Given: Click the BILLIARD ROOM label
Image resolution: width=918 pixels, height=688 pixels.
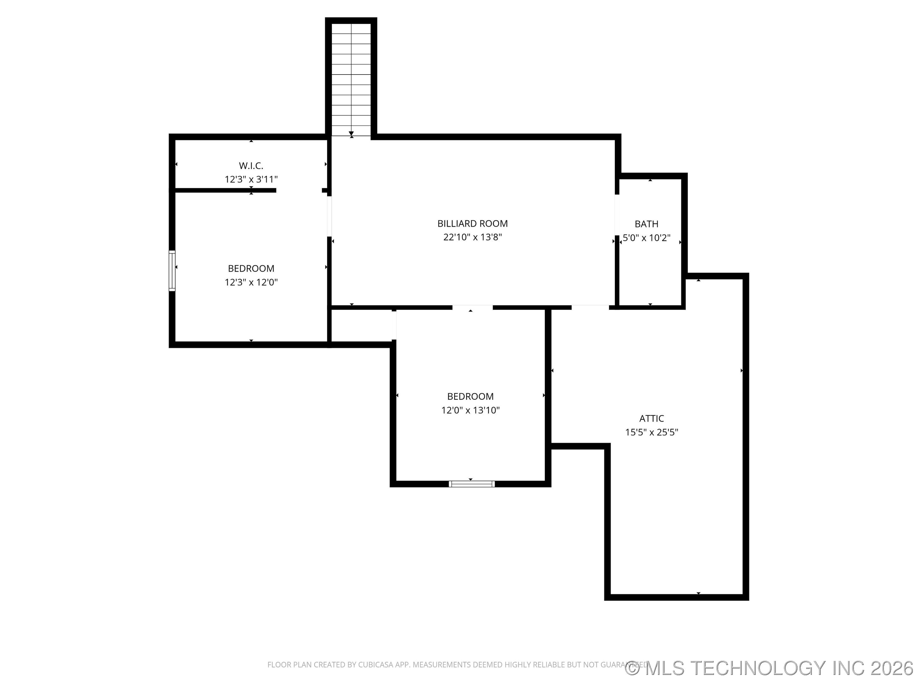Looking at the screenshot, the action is [x=472, y=224].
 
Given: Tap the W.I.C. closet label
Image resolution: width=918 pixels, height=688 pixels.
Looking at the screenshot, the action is [x=251, y=166].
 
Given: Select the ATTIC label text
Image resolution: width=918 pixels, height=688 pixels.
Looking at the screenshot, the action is [x=652, y=419].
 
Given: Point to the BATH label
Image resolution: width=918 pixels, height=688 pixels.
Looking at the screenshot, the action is [x=646, y=224].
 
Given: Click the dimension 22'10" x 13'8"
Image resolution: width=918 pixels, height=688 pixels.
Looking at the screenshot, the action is [x=472, y=237].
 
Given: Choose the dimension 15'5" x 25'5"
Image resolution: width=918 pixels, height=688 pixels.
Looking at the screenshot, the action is [x=652, y=432].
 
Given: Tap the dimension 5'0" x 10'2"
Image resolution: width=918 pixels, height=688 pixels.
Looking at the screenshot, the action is [x=646, y=238].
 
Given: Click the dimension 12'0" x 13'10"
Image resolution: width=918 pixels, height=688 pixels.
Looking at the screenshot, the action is [x=470, y=410].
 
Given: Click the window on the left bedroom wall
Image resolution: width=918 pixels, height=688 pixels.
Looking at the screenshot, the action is [x=172, y=271].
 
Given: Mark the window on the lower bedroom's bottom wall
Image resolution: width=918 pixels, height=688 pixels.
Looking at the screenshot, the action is [x=472, y=484].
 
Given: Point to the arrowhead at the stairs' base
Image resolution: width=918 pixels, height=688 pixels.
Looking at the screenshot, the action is [x=351, y=134].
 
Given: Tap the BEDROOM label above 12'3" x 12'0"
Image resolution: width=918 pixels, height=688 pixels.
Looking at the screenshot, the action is [x=251, y=268].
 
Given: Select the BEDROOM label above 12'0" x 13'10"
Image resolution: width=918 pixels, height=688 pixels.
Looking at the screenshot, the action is [x=470, y=397].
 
